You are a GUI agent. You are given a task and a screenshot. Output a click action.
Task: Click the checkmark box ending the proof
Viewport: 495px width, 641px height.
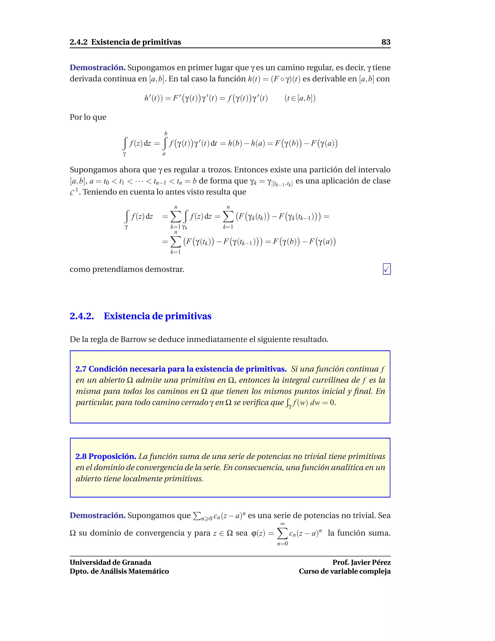tap(386, 269)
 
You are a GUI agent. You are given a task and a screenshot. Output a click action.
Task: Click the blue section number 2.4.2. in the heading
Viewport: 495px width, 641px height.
tap(82, 316)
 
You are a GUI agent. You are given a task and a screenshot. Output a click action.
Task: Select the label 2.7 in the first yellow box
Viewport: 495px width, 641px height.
tap(81, 369)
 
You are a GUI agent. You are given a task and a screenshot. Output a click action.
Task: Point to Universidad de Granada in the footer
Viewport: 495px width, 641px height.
tap(110, 562)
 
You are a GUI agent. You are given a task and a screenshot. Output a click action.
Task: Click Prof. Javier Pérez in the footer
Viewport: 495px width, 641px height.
tap(361, 562)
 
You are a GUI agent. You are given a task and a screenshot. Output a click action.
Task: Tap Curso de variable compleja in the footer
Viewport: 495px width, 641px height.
tap(345, 571)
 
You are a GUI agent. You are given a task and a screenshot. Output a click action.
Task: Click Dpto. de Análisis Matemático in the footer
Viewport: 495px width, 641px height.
tap(119, 571)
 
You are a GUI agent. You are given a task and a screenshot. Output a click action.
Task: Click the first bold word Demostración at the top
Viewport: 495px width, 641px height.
tap(97, 68)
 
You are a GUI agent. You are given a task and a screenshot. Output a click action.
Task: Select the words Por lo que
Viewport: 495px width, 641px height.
tap(88, 117)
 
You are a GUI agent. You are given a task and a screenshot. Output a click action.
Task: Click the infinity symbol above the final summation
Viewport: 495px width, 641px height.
tap(282, 524)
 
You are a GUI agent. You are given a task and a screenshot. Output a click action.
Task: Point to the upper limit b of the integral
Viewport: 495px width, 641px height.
tap(166, 134)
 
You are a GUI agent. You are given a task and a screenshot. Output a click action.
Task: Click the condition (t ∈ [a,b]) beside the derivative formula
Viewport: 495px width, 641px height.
tap(300, 98)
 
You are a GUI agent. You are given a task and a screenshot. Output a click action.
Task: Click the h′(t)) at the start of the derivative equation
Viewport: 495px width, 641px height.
tap(153, 98)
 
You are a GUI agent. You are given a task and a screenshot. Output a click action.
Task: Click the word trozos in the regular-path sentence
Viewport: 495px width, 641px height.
tap(217, 170)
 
